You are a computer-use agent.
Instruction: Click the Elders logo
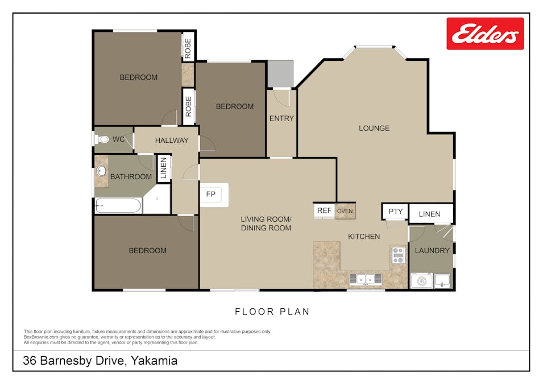[484, 34]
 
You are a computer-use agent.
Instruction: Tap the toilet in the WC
[103, 139]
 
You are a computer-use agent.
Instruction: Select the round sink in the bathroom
[102, 171]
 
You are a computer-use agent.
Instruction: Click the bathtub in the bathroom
[118, 205]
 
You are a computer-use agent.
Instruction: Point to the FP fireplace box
[210, 195]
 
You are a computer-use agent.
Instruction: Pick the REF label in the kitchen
[324, 210]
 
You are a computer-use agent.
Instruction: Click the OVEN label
[345, 211]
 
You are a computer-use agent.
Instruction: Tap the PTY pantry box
[395, 212]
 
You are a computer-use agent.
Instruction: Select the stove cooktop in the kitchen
[398, 255]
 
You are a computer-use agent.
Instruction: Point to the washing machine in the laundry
[422, 280]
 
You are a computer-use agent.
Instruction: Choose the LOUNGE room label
[374, 128]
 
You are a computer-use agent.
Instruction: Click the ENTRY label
[281, 118]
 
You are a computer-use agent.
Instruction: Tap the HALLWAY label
[172, 140]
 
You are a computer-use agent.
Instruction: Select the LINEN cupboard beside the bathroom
[163, 168]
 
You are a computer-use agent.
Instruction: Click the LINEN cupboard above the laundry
[430, 214]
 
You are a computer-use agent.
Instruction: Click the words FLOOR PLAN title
[272, 312]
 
